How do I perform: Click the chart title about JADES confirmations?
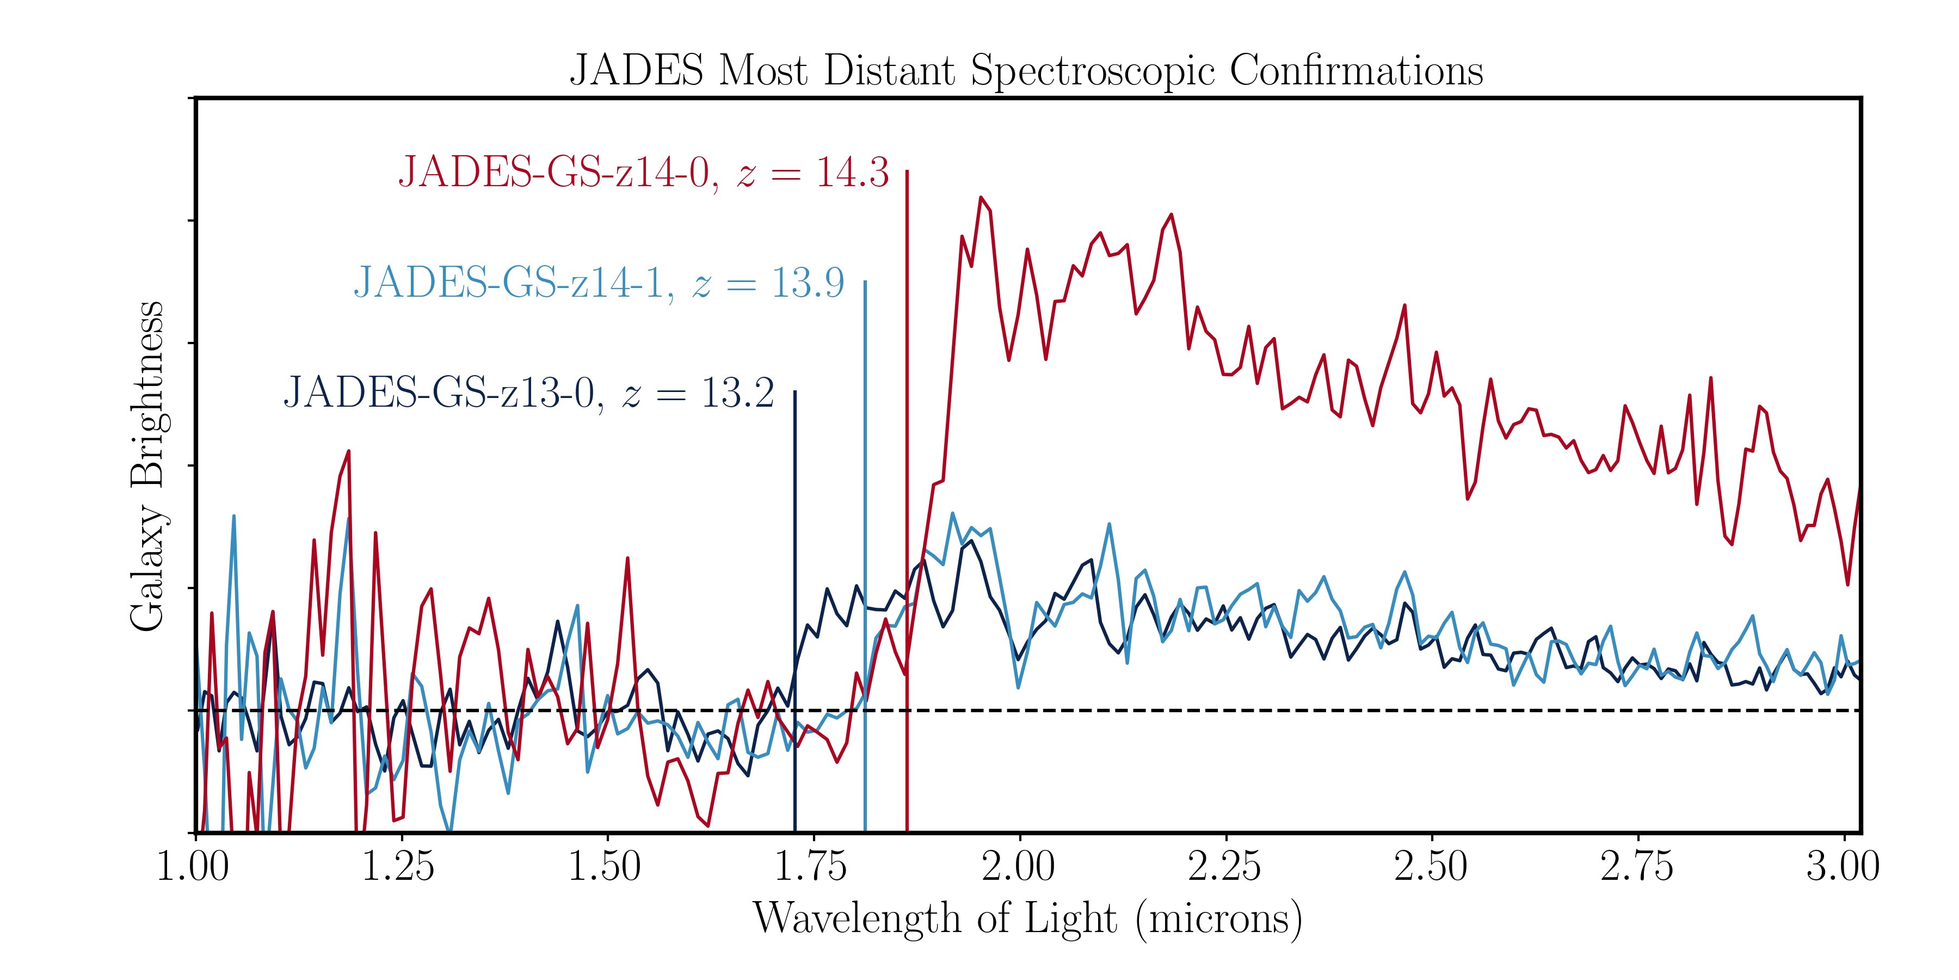[1027, 71]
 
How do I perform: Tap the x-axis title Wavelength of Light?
[1027, 918]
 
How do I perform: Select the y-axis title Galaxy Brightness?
[147, 465]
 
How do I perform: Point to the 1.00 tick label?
[193, 867]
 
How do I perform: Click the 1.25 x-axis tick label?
[398, 867]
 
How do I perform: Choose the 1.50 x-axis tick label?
[605, 867]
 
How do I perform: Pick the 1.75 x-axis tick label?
[811, 867]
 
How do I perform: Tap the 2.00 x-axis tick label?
[1018, 867]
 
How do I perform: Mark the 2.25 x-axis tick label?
[1224, 867]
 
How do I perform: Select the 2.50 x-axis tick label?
[1431, 867]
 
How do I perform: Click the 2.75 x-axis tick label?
[1637, 867]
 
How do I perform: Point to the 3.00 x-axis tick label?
[1843, 867]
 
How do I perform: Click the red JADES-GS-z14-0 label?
[643, 173]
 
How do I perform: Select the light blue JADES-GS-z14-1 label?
[599, 283]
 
